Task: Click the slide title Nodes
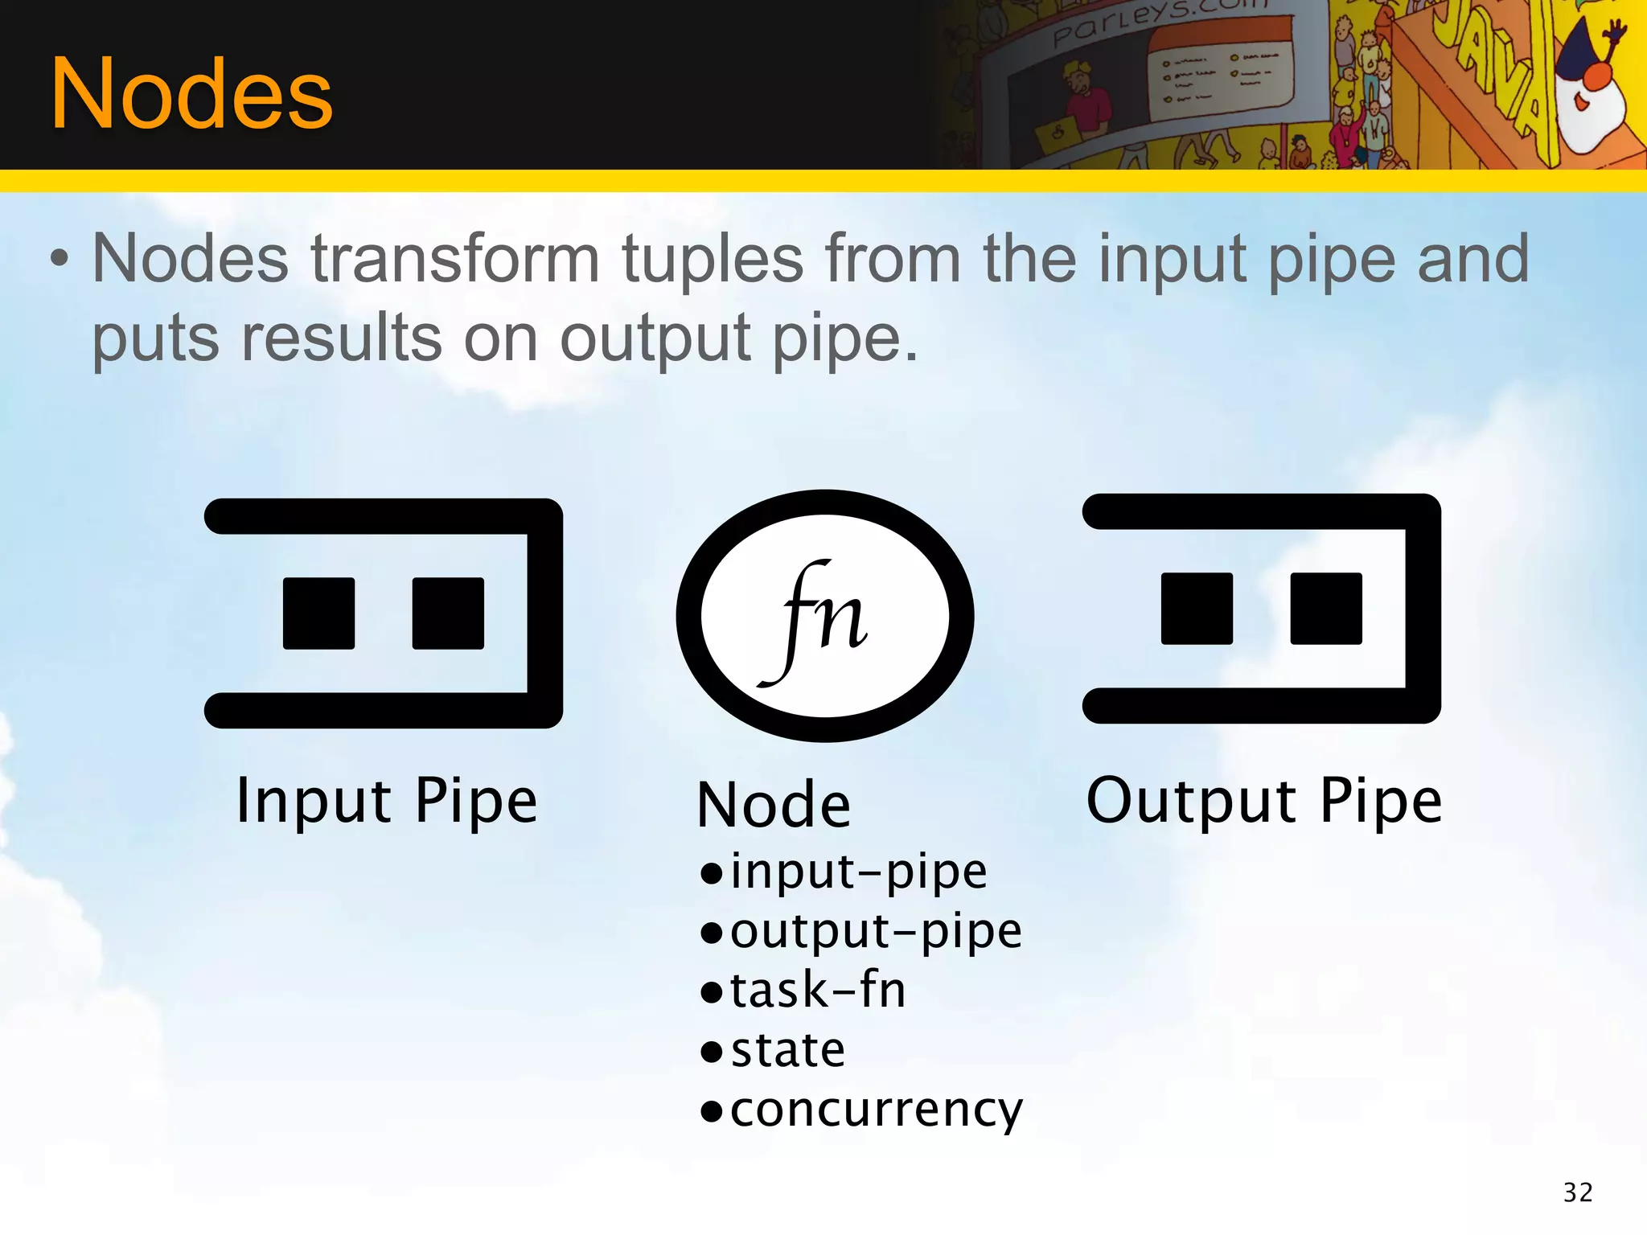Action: pyautogui.click(x=191, y=95)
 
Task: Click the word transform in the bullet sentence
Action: pyautogui.click(x=455, y=259)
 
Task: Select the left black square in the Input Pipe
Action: pyautogui.click(x=318, y=613)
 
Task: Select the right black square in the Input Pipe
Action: pyautogui.click(x=448, y=613)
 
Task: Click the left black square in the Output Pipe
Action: pyautogui.click(x=1197, y=608)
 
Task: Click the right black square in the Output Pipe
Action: pyautogui.click(x=1326, y=608)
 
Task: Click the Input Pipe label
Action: pyautogui.click(x=386, y=801)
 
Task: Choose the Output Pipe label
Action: pyautogui.click(x=1264, y=801)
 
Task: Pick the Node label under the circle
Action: pyautogui.click(x=774, y=805)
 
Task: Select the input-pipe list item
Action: pyautogui.click(x=857, y=872)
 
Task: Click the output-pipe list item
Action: pyautogui.click(x=875, y=931)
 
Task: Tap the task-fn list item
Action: pyautogui.click(x=817, y=990)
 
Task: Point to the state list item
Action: pyautogui.click(x=787, y=1050)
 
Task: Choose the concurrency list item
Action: pyautogui.click(x=876, y=1110)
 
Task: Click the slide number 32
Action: pyautogui.click(x=1578, y=1192)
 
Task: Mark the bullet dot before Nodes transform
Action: pyautogui.click(x=60, y=259)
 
